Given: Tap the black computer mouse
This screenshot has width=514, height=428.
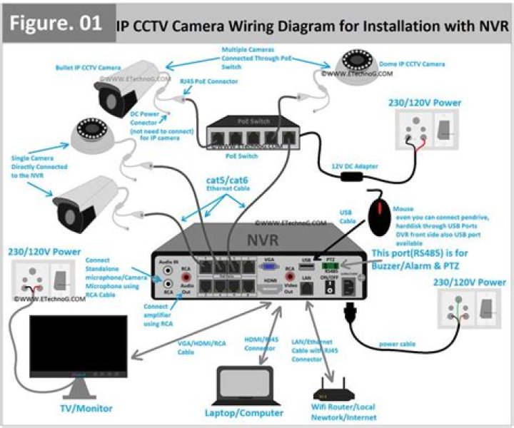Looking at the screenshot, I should coord(378,213).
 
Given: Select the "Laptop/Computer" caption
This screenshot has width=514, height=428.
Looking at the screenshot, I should coord(244,413).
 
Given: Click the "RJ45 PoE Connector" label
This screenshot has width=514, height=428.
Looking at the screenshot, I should coord(208,81).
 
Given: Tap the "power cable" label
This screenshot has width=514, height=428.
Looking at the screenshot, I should coord(398,344).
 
